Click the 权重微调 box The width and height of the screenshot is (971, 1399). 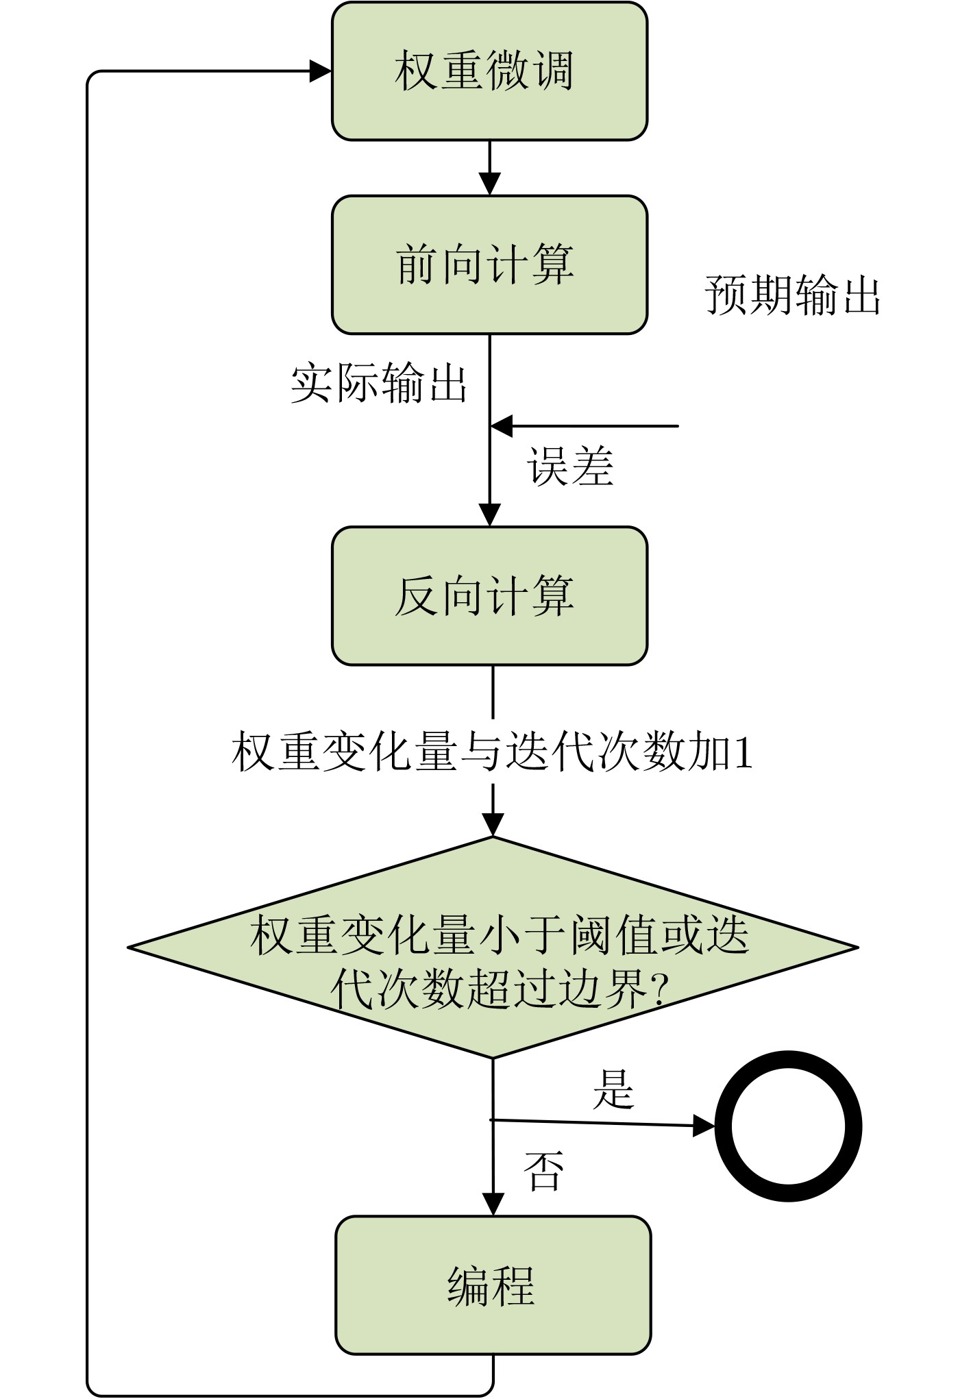point(489,71)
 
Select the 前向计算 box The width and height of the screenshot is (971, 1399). point(489,265)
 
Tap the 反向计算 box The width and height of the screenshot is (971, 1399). point(489,595)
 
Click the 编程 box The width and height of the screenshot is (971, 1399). point(493,1285)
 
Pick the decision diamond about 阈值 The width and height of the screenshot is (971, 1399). point(493,948)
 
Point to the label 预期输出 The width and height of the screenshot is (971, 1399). point(793,295)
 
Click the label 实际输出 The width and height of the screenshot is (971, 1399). point(379,383)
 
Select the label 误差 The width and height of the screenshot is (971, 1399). point(570,467)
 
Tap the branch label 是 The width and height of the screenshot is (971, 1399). point(613,1089)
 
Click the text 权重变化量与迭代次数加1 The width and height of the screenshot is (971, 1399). point(492,752)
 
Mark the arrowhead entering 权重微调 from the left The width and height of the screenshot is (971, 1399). point(321,71)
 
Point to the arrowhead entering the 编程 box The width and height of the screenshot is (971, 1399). point(493,1204)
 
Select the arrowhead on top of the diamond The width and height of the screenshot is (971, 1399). point(493,825)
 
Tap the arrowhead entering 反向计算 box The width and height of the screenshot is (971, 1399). point(489,515)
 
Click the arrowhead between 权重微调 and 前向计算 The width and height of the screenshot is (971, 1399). point(489,184)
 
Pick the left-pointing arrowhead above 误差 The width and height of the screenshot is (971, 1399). point(502,426)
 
